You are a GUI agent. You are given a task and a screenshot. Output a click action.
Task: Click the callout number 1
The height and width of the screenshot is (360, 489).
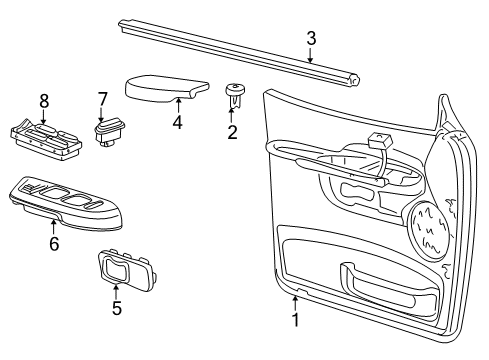pos(295,320)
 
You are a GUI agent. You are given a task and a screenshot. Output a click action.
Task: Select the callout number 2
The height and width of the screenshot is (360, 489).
pos(232,131)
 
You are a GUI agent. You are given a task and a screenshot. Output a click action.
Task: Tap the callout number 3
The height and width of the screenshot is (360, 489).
pos(311,38)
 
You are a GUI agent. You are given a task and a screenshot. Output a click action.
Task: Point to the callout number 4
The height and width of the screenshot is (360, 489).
pos(177,124)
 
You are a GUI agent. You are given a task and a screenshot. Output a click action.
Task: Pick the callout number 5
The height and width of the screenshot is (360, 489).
pos(116,308)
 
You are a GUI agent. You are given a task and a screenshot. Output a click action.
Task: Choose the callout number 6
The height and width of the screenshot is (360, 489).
pos(53,243)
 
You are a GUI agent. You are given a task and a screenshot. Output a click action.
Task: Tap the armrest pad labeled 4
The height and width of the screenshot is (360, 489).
pos(165,87)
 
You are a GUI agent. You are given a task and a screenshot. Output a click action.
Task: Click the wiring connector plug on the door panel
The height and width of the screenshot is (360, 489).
pos(377,142)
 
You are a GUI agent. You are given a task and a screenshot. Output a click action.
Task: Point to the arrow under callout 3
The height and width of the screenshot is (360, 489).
pos(311,56)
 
